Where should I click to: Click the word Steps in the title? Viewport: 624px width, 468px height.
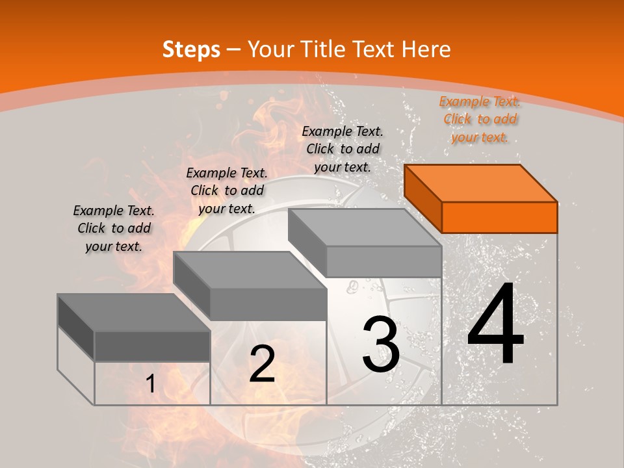point(191,49)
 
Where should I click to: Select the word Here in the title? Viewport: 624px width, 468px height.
point(426,49)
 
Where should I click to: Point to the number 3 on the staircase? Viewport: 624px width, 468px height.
point(380,345)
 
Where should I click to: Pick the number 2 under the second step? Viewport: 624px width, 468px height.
point(262,364)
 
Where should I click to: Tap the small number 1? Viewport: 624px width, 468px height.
point(151,384)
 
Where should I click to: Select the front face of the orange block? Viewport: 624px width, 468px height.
point(499,217)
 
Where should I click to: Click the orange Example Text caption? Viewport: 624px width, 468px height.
point(480,119)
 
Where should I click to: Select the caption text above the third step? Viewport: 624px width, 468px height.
point(343,149)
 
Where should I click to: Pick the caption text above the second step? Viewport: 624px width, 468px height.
point(227,190)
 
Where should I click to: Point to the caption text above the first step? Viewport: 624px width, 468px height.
point(114,228)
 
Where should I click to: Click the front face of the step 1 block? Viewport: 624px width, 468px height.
point(152,346)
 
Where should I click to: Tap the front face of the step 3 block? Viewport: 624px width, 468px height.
point(383,261)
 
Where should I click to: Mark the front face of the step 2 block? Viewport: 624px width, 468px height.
point(268,304)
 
